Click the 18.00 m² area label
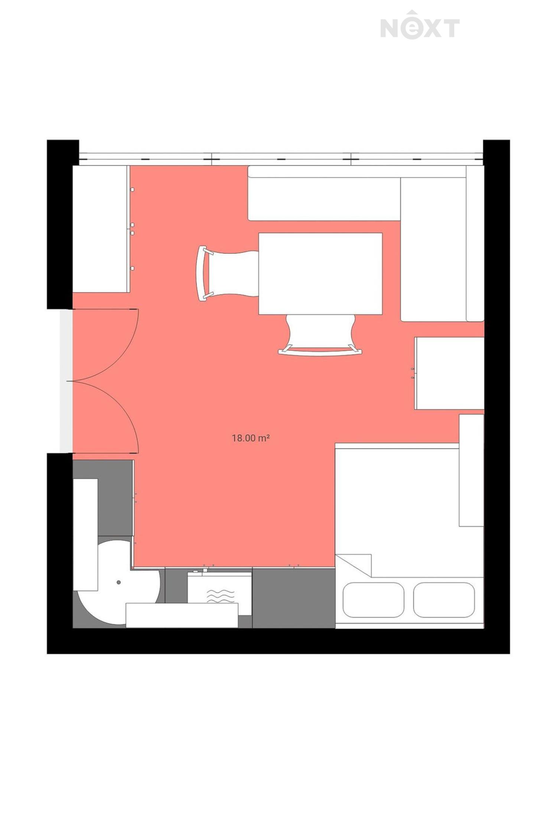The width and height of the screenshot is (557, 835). point(251,438)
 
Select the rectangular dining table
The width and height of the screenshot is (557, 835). point(320,274)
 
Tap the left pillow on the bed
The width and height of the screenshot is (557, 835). point(373,600)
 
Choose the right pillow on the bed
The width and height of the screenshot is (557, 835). point(444,600)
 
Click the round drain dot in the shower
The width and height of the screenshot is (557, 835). point(118,582)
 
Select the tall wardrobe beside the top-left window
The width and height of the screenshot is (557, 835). point(101,229)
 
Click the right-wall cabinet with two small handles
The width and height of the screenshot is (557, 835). point(449,373)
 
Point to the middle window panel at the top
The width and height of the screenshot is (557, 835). point(281,159)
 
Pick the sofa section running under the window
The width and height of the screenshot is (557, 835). point(324,193)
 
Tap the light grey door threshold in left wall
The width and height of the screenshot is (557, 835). point(66,381)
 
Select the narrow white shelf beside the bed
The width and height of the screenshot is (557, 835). point(472,470)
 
